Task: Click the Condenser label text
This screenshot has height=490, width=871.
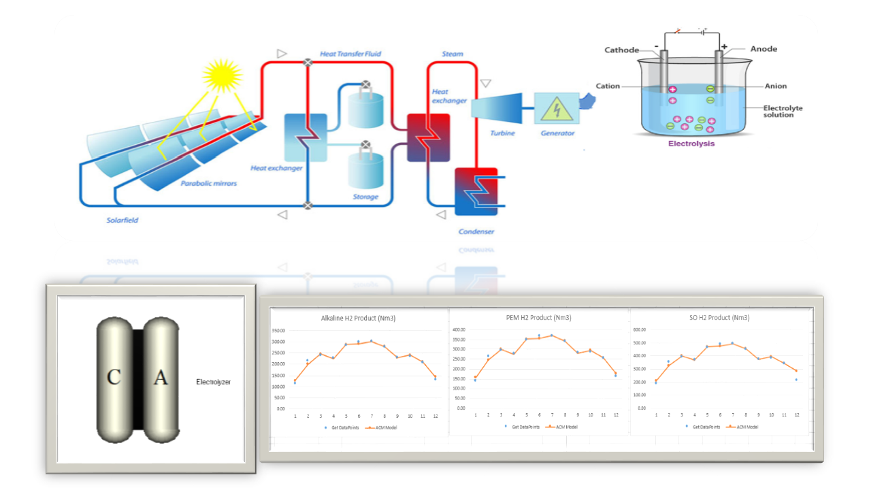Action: [x=476, y=231]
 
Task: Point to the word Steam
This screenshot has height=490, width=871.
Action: [x=453, y=54]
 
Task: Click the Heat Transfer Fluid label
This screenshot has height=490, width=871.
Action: [x=350, y=54]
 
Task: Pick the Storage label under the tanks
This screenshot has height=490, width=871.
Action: [x=365, y=197]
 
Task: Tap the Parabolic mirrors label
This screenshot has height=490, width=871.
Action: [x=209, y=184]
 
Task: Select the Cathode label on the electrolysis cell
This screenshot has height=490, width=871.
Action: [x=621, y=50]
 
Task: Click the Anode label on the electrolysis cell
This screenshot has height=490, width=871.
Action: [x=763, y=49]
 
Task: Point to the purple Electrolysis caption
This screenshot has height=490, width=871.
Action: [x=691, y=144]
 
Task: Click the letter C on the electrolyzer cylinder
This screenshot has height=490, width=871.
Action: [x=114, y=378]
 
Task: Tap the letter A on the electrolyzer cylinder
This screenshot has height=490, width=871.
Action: [x=160, y=378]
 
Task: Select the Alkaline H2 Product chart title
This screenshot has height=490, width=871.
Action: [x=358, y=318]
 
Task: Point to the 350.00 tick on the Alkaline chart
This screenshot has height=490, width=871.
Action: [x=278, y=330]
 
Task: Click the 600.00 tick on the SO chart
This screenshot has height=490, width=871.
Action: [x=640, y=330]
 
